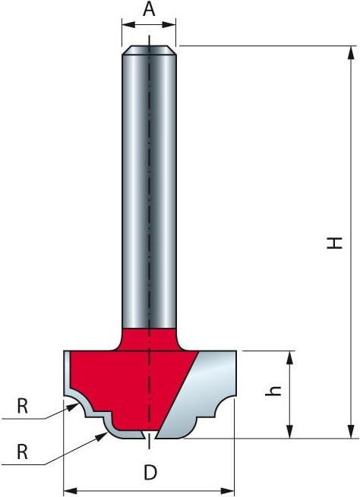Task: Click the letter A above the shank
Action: point(149,9)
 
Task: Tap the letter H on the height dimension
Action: point(335,243)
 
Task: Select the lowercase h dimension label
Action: point(273,391)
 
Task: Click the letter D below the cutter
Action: point(150,473)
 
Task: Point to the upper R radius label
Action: point(22,406)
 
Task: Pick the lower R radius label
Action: point(22,452)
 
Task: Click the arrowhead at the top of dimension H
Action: point(350,53)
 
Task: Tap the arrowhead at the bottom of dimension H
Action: point(350,432)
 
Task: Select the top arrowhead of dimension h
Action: point(289,358)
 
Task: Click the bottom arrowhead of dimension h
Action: point(289,432)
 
